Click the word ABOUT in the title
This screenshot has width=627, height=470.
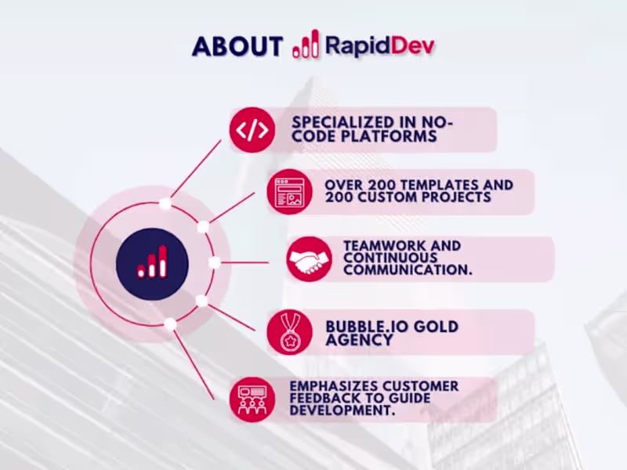click(x=237, y=45)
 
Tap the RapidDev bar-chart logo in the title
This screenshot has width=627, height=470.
click(x=305, y=45)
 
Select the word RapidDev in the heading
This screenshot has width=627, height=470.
click(x=379, y=45)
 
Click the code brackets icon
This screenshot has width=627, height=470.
click(x=252, y=130)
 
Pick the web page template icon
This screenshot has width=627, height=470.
click(x=288, y=192)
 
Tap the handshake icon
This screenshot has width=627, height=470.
click(x=309, y=258)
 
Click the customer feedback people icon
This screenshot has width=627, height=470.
click(x=252, y=399)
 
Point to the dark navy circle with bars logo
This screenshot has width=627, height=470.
click(x=152, y=263)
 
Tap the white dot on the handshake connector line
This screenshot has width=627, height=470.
click(x=214, y=262)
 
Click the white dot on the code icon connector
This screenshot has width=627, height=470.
click(x=165, y=204)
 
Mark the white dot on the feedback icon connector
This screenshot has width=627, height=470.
click(x=170, y=324)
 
